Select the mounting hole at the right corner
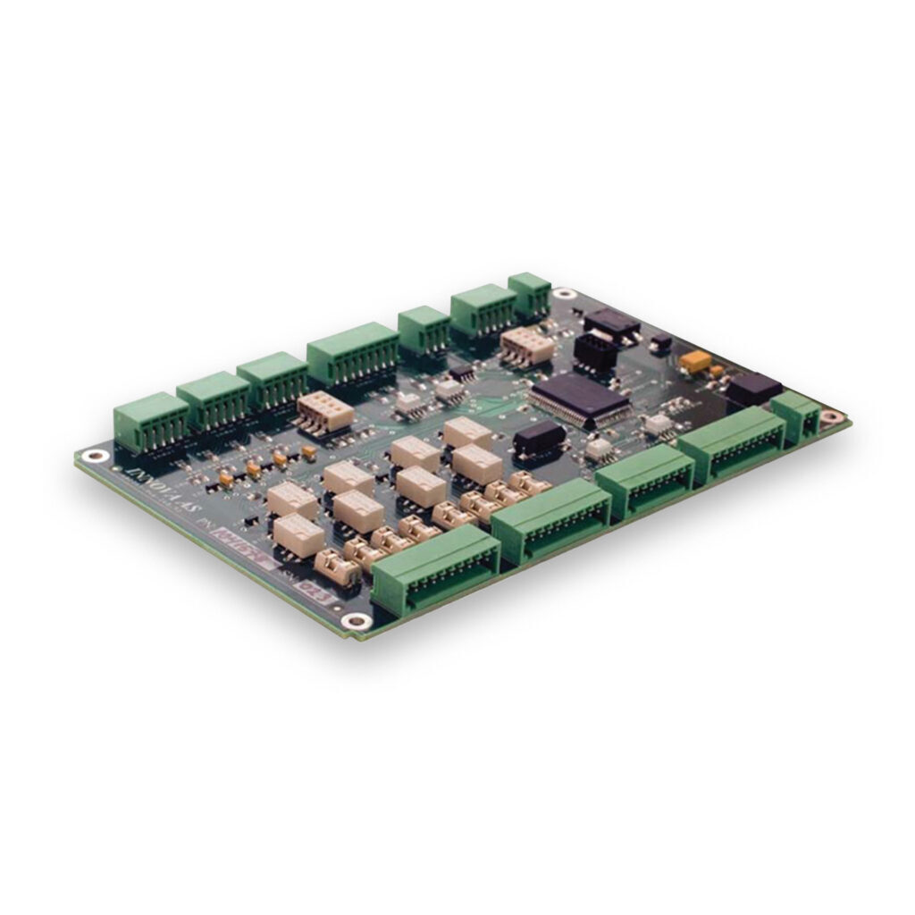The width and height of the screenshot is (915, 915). pyautogui.click(x=831, y=416)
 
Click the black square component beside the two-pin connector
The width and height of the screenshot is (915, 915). pyautogui.click(x=753, y=389)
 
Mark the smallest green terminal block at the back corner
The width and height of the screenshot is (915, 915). pyautogui.click(x=529, y=293)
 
